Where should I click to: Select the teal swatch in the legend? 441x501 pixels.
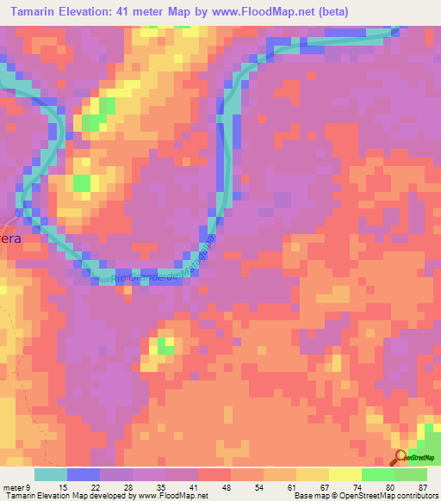tap(51, 474)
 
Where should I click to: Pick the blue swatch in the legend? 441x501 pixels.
tap(84, 474)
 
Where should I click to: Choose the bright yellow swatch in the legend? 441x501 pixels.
tap(345, 474)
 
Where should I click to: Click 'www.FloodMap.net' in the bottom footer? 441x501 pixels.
tap(171, 496)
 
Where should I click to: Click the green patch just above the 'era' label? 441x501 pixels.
tap(82, 182)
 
